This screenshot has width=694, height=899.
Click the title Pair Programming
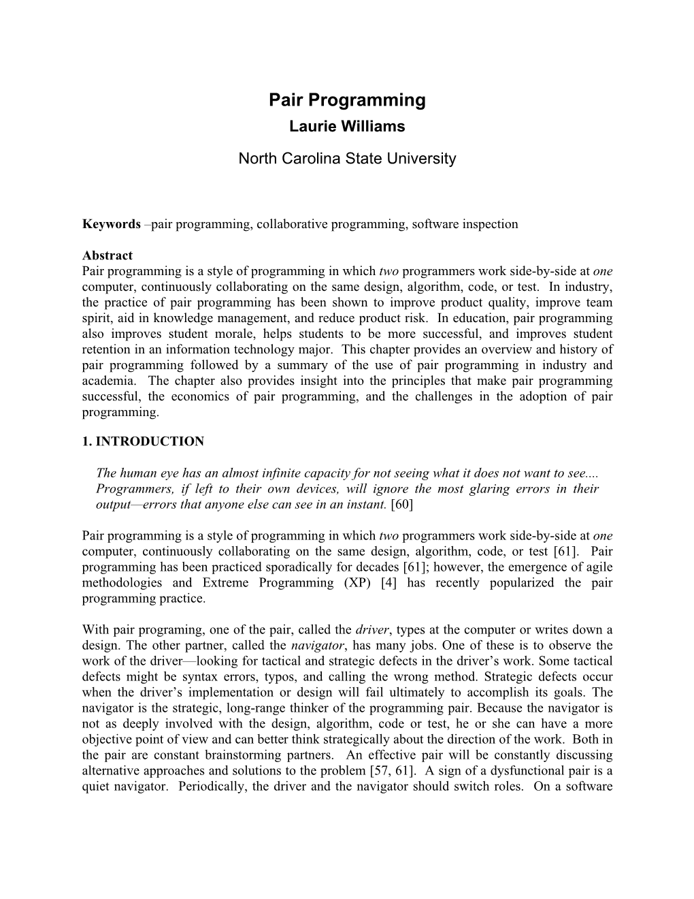pos(347,100)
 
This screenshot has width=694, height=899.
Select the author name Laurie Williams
pos(347,127)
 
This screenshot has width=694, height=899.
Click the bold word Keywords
pos(111,224)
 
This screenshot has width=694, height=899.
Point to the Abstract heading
pos(108,255)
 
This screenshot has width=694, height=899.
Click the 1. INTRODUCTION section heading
pos(143,441)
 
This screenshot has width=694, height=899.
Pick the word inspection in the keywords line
pos(491,224)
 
